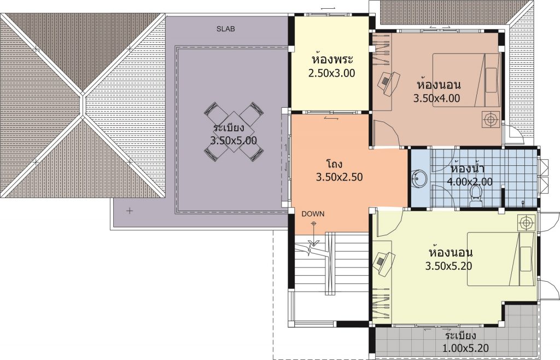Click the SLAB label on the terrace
[226, 29]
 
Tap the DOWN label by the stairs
[313, 214]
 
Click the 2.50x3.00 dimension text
[331, 73]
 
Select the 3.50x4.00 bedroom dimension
[436, 98]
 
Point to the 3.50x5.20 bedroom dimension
[448, 266]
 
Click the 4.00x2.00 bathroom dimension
[470, 182]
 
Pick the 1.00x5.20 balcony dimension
[465, 348]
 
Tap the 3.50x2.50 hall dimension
[339, 177]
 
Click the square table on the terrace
[234, 131]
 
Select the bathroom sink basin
[419, 178]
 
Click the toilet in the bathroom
[475, 196]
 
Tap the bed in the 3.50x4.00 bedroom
[467, 80]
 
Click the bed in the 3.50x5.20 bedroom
[501, 259]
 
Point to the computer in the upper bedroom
[388, 83]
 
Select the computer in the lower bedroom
[383, 263]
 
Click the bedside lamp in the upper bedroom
[491, 119]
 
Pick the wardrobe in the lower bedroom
[381, 303]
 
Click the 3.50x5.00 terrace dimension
[234, 141]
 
